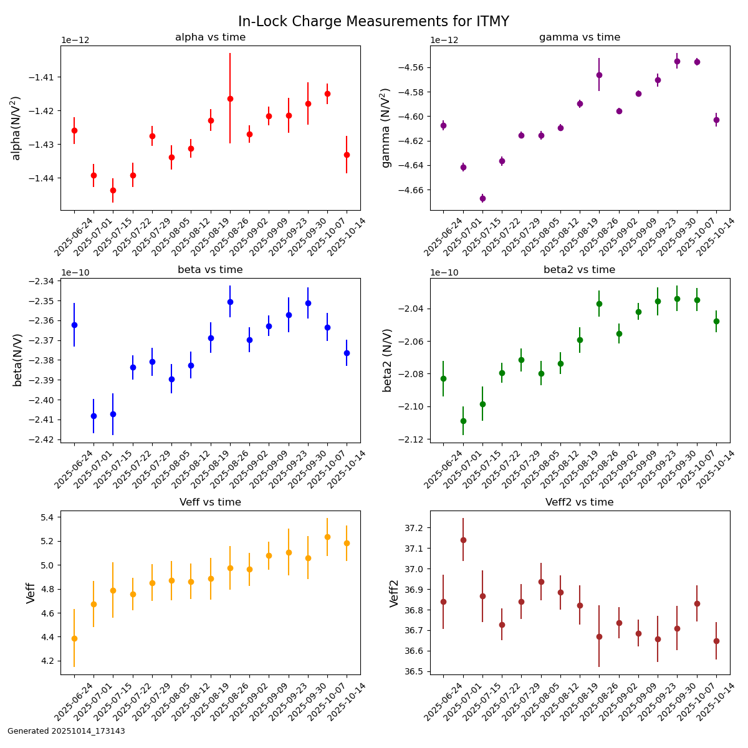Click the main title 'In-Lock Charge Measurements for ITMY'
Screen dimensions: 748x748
click(373, 22)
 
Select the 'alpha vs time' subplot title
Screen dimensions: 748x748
click(210, 37)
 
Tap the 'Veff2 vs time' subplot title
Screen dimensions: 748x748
click(579, 502)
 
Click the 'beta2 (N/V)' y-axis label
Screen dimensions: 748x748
click(388, 360)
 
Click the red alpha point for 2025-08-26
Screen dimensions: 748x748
click(230, 98)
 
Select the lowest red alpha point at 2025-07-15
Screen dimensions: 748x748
click(113, 190)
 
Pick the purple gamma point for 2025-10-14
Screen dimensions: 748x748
click(716, 120)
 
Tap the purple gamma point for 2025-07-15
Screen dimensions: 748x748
click(482, 198)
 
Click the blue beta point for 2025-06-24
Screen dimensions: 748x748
click(74, 325)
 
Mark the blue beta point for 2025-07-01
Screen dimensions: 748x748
click(93, 416)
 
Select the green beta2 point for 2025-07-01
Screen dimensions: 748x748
click(463, 421)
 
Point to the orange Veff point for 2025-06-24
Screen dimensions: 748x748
click(74, 638)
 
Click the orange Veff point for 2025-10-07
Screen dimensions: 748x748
click(327, 537)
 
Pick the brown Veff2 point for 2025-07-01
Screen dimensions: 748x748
click(463, 540)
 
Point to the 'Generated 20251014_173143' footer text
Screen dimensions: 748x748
click(66, 731)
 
